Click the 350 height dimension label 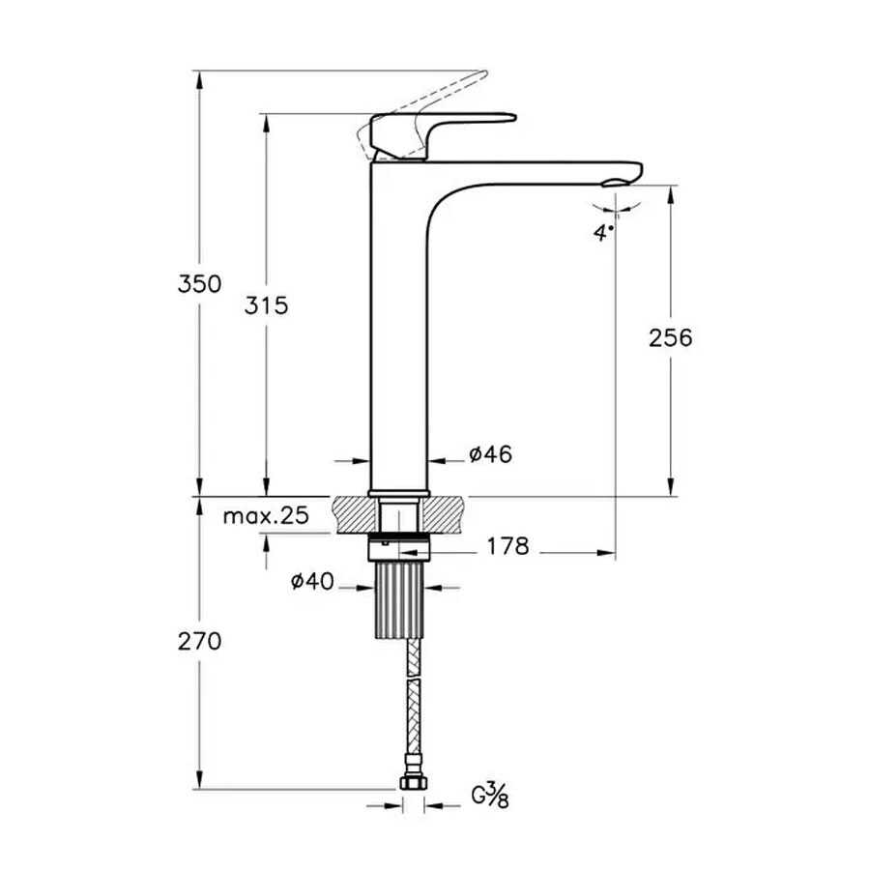pos(199,284)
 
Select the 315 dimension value pos(267,305)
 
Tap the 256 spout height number pos(671,338)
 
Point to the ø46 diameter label pos(490,454)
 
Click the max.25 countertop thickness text pos(266,516)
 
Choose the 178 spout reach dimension pos(508,546)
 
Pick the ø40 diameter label pos(312,582)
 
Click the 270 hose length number pos(199,642)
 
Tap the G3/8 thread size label pos(490,796)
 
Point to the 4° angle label pos(603,232)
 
